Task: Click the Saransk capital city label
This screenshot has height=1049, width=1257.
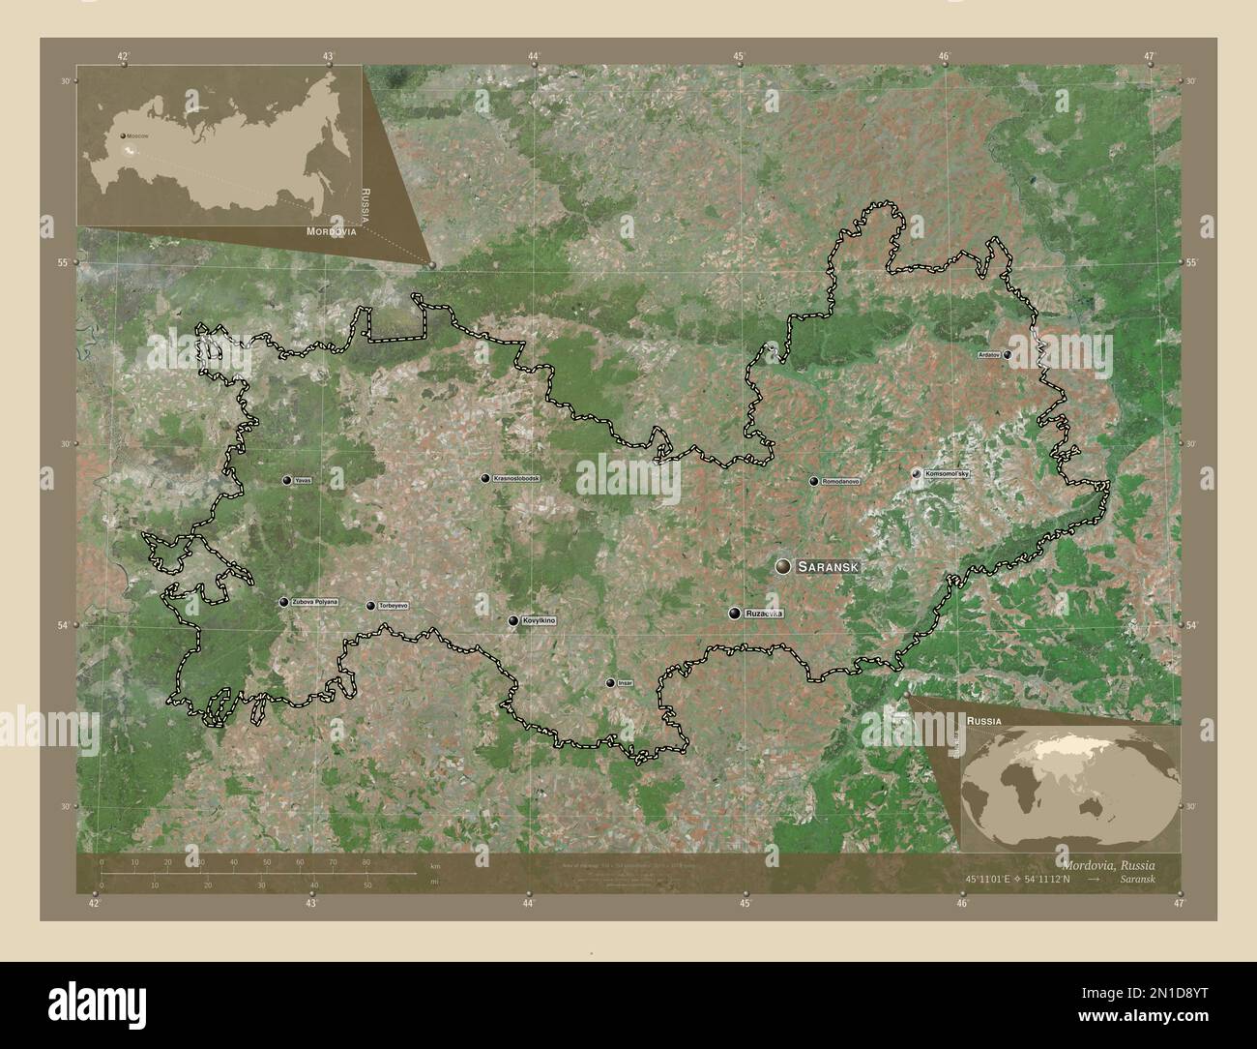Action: click(829, 566)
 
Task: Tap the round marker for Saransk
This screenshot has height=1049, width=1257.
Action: click(783, 566)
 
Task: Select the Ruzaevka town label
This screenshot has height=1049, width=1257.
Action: click(764, 614)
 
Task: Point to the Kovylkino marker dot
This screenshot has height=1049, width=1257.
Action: click(513, 621)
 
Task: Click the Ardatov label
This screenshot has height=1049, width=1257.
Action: click(989, 355)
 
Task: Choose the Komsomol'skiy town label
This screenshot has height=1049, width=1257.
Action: click(947, 473)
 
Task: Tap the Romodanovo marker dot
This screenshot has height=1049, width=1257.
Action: click(813, 481)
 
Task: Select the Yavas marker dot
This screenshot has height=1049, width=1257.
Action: click(287, 480)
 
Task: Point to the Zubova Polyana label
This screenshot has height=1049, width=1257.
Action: click(315, 602)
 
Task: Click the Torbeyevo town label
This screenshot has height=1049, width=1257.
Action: click(393, 606)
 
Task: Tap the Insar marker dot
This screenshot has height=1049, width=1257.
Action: click(610, 683)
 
